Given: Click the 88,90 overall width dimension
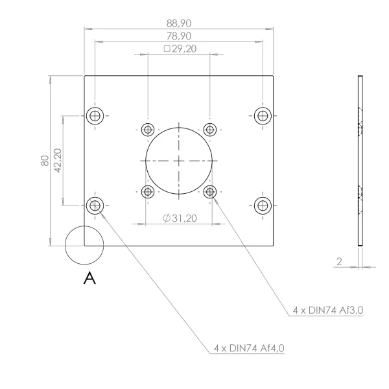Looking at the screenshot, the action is coord(179,23).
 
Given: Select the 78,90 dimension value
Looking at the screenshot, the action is coord(179,36).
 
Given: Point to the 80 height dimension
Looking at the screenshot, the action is coord(45,161).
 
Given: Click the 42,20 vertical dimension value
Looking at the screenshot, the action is coord(58,161).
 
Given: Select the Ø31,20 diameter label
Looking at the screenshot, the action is coord(180,218).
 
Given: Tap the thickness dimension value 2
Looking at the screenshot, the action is coord(339,261).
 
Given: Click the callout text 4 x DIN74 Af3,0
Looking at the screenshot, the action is coord(328,310).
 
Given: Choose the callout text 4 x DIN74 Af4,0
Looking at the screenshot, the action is coord(249,348).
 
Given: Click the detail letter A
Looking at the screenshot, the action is coord(89,278).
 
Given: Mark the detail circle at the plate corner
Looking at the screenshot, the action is coord(84,245).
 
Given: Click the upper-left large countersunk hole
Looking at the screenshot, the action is coord(95,116).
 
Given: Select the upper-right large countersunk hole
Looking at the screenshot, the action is coord(263,116).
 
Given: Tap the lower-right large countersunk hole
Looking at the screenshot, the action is coord(263,206).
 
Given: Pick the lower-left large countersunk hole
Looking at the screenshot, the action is coord(95,206).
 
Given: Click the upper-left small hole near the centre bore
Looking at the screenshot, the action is coord(148,130).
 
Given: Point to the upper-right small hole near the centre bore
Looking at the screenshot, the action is coord(210,130).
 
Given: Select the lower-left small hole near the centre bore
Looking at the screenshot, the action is coord(148,192).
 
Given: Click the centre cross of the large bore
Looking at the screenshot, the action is coord(179,161).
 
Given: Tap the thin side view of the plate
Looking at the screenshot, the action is coord(360,161).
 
